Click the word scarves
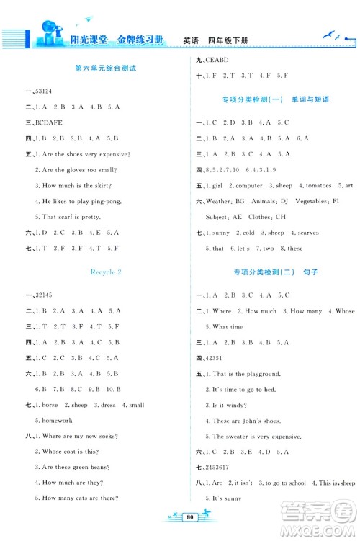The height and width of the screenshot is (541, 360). point(305,233)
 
